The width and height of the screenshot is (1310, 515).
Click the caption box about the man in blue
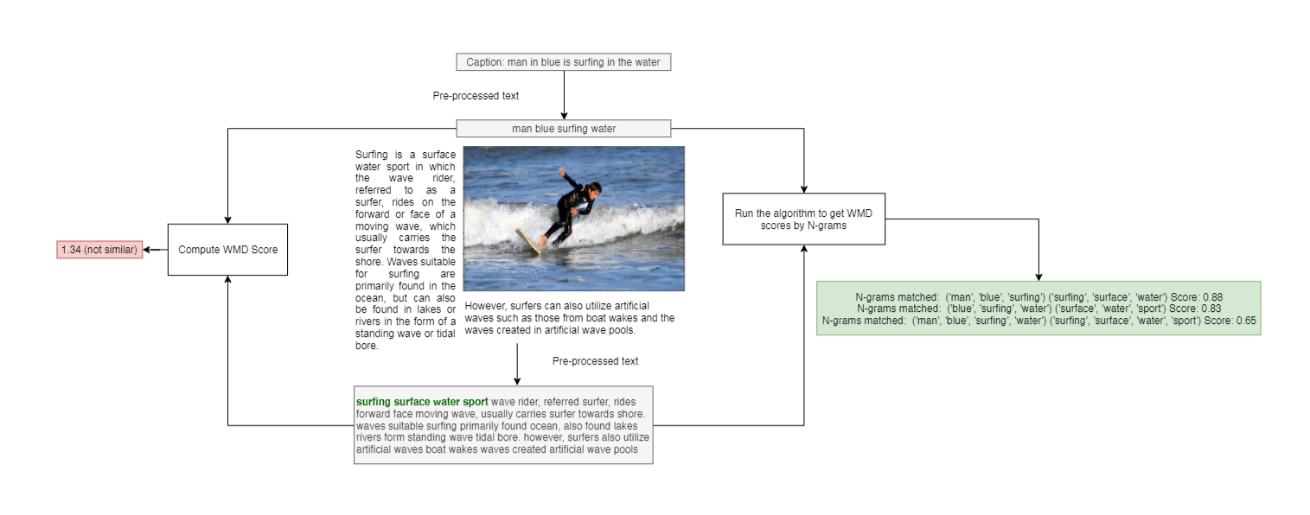(x=563, y=62)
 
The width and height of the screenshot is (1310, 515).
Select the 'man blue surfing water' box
(x=563, y=129)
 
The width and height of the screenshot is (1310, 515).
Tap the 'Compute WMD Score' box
(x=227, y=250)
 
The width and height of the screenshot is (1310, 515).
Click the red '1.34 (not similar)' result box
(x=99, y=250)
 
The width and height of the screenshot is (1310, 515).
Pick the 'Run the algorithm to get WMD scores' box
(x=803, y=219)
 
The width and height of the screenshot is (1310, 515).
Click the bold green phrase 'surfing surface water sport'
(x=422, y=402)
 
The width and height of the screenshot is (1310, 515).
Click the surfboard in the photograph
(x=529, y=241)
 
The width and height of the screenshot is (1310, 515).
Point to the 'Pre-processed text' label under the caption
(x=476, y=96)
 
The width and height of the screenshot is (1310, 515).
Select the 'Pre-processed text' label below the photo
(x=595, y=361)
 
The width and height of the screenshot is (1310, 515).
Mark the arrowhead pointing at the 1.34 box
(x=148, y=250)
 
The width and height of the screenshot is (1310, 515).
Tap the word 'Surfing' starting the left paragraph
(x=372, y=155)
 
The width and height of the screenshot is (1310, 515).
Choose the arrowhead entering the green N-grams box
(x=1038, y=276)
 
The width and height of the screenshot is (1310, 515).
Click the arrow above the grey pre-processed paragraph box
(x=517, y=363)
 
